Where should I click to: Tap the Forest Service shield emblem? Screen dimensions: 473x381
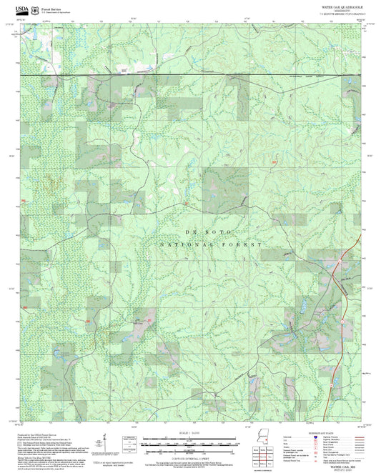(34, 11)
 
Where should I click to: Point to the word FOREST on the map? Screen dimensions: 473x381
(247, 244)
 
